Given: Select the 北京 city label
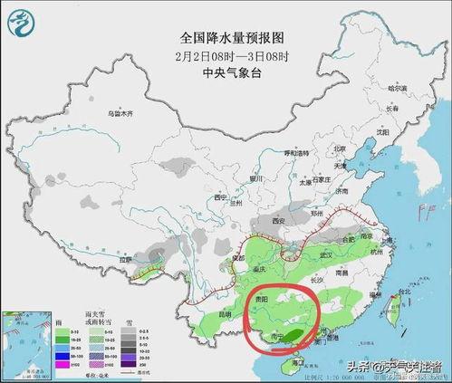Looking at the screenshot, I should (340, 148).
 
